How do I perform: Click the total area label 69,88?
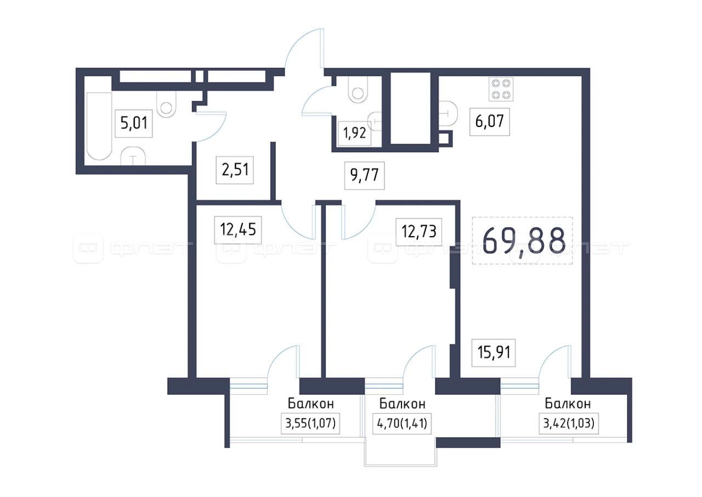524,241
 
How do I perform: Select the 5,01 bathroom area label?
134,123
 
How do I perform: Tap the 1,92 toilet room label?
354,133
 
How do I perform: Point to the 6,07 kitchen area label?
490,122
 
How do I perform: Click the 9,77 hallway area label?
365,175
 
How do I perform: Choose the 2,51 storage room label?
235,170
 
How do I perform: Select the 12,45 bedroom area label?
238,230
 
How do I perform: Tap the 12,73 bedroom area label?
418,232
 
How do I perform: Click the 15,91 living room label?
494,353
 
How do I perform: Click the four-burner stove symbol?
501,89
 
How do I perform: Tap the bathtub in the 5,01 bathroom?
99,126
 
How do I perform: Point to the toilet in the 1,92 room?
358,90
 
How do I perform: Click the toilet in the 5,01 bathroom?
166,104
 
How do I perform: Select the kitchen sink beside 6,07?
448,113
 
